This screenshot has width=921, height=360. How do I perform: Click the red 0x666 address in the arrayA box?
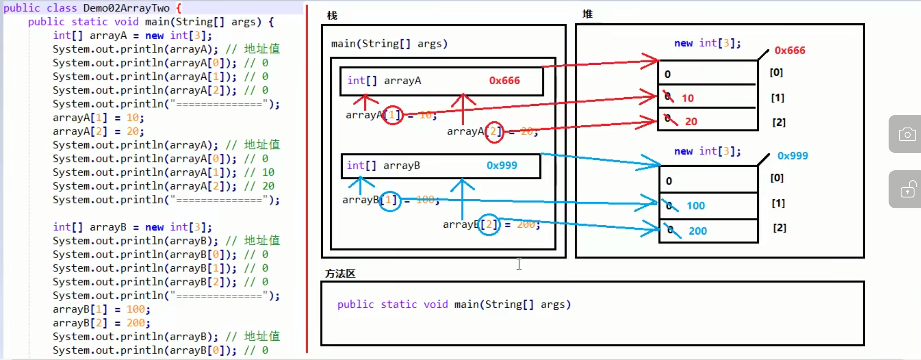click(x=504, y=81)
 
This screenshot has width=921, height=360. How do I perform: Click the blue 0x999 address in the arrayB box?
click(x=502, y=166)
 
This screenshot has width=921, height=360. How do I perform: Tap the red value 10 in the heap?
click(x=688, y=98)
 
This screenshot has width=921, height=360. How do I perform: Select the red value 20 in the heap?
click(x=691, y=121)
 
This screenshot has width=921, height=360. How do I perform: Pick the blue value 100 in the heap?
click(x=695, y=206)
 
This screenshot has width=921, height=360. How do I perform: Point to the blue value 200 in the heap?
click(x=698, y=231)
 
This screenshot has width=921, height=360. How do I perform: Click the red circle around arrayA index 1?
click(x=393, y=115)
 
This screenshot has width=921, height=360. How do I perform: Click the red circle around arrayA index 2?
click(x=494, y=131)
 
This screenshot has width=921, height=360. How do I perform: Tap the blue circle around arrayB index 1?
click(x=389, y=201)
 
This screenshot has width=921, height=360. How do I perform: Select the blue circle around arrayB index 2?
click(x=489, y=224)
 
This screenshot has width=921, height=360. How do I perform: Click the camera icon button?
click(x=907, y=134)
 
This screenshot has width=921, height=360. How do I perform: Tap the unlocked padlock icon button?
click(x=907, y=189)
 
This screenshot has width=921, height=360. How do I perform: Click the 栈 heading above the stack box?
click(x=332, y=16)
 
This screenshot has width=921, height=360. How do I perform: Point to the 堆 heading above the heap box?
click(x=587, y=14)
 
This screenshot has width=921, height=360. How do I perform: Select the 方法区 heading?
click(x=340, y=274)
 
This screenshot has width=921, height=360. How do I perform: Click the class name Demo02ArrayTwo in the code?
click(x=126, y=8)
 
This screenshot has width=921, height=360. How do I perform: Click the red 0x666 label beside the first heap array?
click(x=790, y=51)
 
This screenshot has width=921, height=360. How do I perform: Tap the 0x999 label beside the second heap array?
click(x=792, y=156)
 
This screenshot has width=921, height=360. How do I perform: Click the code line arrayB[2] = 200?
click(x=101, y=323)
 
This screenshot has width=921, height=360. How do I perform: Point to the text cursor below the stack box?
click(x=519, y=263)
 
